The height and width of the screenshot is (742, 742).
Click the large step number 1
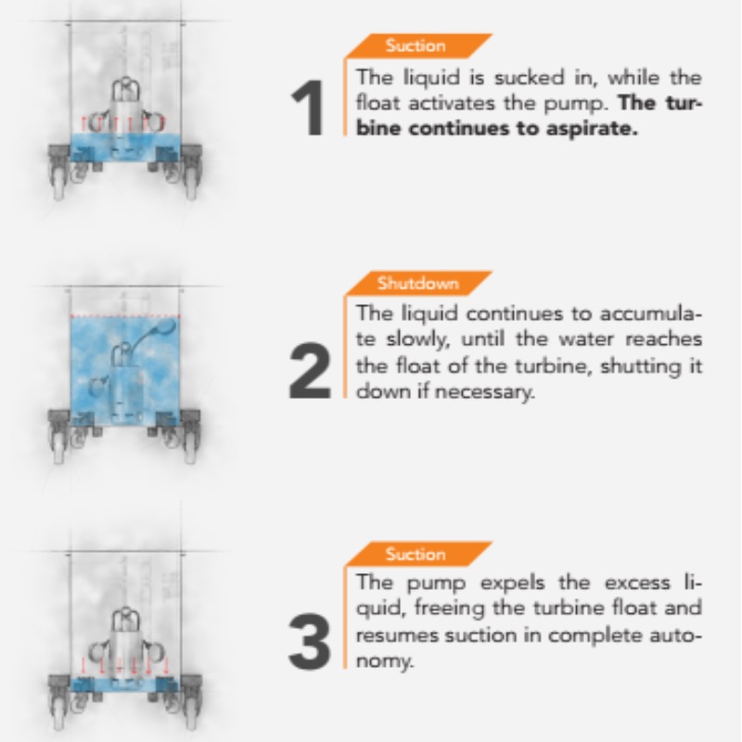pyautogui.click(x=308, y=108)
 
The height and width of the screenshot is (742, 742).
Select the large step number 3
pyautogui.click(x=310, y=641)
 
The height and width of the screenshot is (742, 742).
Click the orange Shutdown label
pyautogui.click(x=418, y=283)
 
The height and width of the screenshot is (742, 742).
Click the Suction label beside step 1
pyautogui.click(x=416, y=45)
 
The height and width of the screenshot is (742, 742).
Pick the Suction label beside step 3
pyautogui.click(x=416, y=554)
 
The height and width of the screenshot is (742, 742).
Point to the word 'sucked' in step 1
pyautogui.click(x=530, y=77)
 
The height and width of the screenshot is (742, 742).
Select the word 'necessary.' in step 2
pyautogui.click(x=484, y=391)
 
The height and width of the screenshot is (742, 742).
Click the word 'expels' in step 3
pyautogui.click(x=513, y=583)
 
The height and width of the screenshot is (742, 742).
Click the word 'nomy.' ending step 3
pyautogui.click(x=385, y=661)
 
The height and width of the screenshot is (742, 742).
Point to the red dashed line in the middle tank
pyautogui.click(x=125, y=315)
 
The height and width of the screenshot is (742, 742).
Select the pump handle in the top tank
pyautogui.click(x=125, y=88)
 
